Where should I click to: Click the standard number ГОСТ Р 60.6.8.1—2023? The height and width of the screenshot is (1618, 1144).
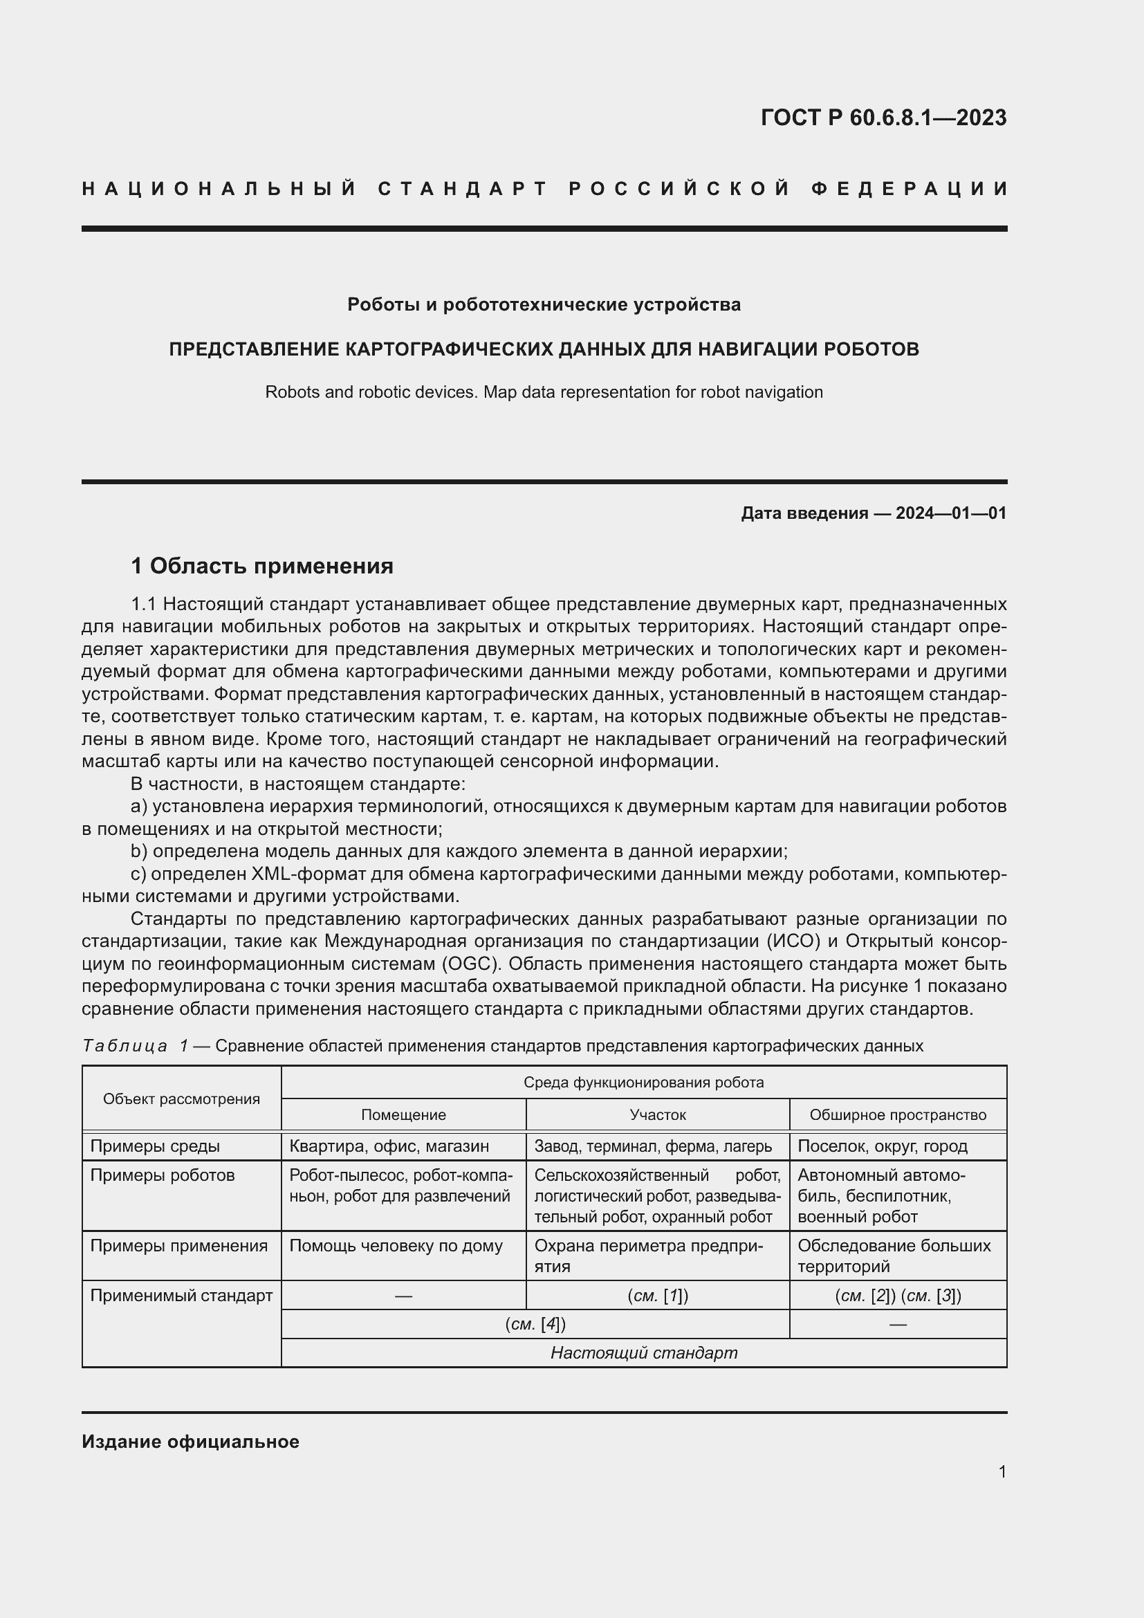coord(883,117)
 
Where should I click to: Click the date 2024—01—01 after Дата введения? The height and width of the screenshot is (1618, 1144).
coord(950,513)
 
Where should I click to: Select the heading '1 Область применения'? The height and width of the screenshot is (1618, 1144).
coord(262,565)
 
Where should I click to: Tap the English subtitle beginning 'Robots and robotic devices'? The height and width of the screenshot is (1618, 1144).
coord(544,392)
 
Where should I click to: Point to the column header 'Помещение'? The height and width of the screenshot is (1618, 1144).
coord(403,1115)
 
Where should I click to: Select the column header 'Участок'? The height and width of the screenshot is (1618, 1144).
coord(657,1115)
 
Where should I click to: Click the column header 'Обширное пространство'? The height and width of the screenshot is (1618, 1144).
coord(898,1115)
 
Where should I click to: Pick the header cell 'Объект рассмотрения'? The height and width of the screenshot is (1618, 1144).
coord(181,1098)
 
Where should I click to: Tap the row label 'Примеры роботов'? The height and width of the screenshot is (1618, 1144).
coord(163,1175)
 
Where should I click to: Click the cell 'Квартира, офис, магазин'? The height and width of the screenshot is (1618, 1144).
coord(389,1146)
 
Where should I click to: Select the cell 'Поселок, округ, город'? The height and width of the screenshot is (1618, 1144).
coord(882,1146)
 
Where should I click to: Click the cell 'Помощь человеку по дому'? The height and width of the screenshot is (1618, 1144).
coord(396,1246)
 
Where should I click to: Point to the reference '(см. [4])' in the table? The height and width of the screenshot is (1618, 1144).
coord(535,1324)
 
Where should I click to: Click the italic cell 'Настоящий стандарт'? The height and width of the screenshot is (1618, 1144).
coord(643,1353)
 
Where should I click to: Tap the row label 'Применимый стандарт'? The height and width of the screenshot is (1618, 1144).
coord(181,1295)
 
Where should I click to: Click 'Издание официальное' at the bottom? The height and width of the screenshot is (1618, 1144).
coord(190,1442)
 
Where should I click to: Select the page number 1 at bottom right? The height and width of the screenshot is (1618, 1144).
coord(1002,1471)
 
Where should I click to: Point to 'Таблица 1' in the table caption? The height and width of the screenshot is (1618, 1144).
coord(136,1046)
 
